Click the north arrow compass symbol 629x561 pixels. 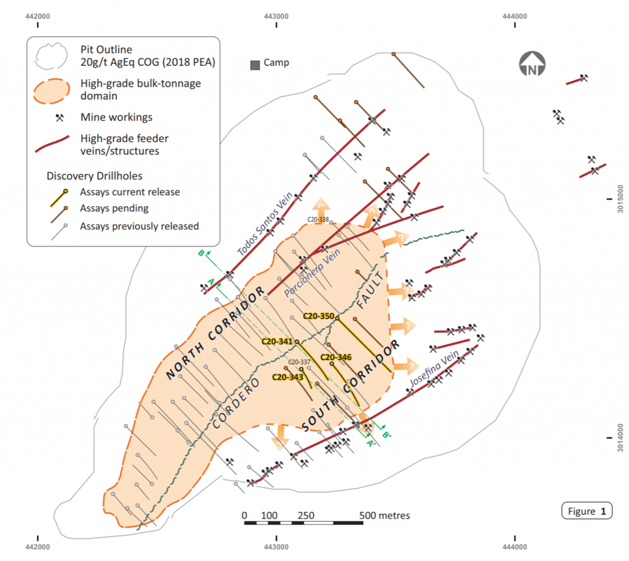(x=532, y=64)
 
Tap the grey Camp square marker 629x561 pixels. (x=255, y=65)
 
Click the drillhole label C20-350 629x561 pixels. (x=319, y=316)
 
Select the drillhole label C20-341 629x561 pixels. (x=277, y=342)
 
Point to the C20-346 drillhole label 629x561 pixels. (x=336, y=357)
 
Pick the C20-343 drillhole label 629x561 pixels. (x=287, y=377)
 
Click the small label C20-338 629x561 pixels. (x=318, y=219)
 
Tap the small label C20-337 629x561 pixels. (x=299, y=362)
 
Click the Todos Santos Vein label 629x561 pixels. (x=265, y=224)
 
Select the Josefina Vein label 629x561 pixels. (x=434, y=369)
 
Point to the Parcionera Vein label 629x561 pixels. (x=312, y=272)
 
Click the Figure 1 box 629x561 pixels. (x=587, y=511)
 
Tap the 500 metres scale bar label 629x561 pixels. (x=385, y=516)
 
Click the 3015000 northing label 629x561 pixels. (x=620, y=199)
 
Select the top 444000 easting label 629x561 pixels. (x=515, y=17)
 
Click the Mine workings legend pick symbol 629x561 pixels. (x=60, y=117)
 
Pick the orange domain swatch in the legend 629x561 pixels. (x=52, y=91)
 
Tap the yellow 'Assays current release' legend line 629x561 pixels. (x=58, y=198)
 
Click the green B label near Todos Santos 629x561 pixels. (x=201, y=253)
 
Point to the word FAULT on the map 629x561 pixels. (x=370, y=291)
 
